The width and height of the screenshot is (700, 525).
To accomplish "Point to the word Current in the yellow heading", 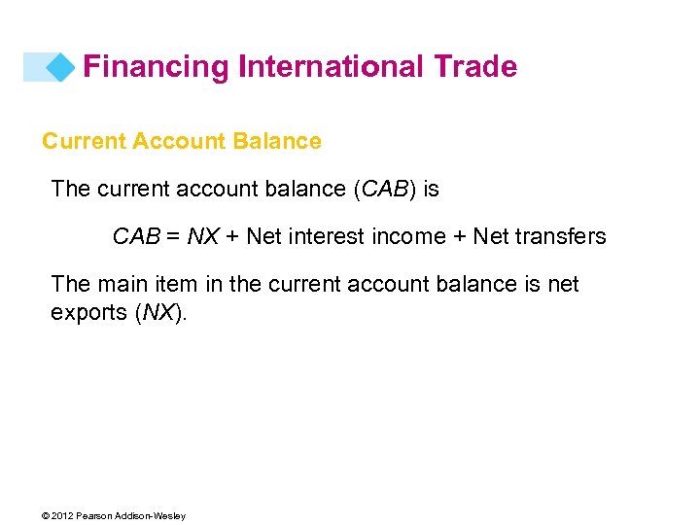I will (x=84, y=141).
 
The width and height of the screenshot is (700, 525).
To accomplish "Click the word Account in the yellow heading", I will (x=181, y=141).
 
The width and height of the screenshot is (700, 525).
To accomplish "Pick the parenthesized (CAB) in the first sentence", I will (x=386, y=189).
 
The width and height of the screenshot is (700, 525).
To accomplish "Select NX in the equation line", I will (x=203, y=236).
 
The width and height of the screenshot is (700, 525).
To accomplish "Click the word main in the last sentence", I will (x=122, y=284).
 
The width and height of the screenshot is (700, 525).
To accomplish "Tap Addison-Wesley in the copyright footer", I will (x=154, y=515).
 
